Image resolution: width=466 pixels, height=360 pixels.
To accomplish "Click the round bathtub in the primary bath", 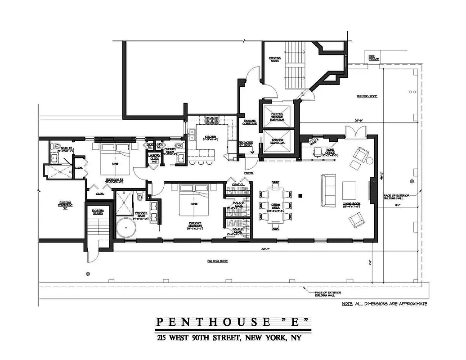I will coord(126,227).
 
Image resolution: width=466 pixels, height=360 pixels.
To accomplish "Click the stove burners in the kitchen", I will coord(212,120).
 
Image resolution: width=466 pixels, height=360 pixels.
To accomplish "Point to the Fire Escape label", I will coord(374,58).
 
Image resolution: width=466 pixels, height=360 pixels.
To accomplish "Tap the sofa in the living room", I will coord(328,190).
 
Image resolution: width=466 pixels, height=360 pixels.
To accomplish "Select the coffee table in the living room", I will coord(349,190).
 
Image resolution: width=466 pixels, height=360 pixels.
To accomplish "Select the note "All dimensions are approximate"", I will coord(384,304).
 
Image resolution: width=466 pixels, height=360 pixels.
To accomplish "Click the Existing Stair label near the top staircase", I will coord(274,59).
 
